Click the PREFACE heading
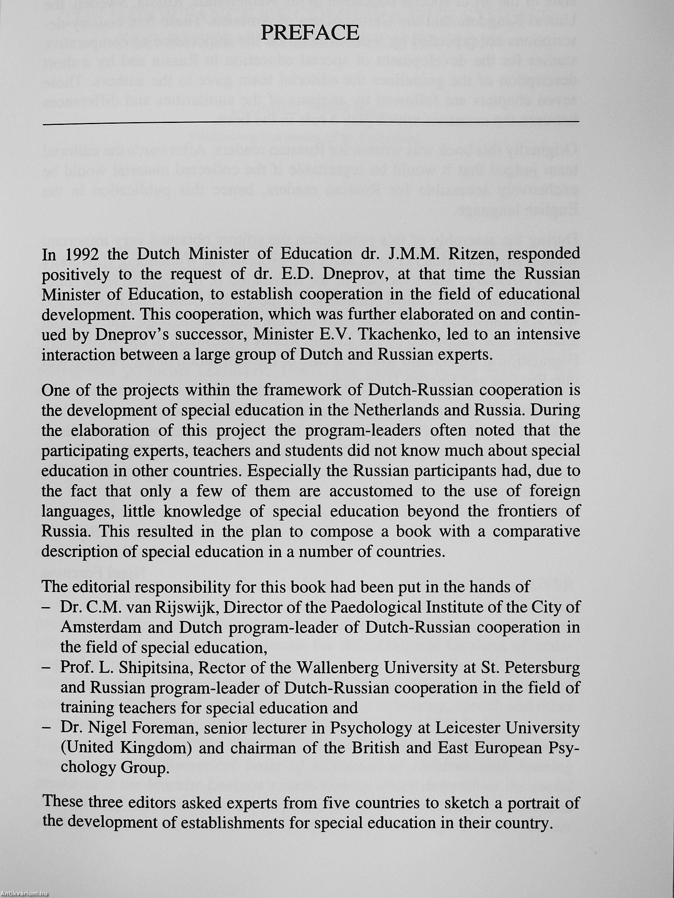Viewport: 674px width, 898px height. (310, 33)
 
